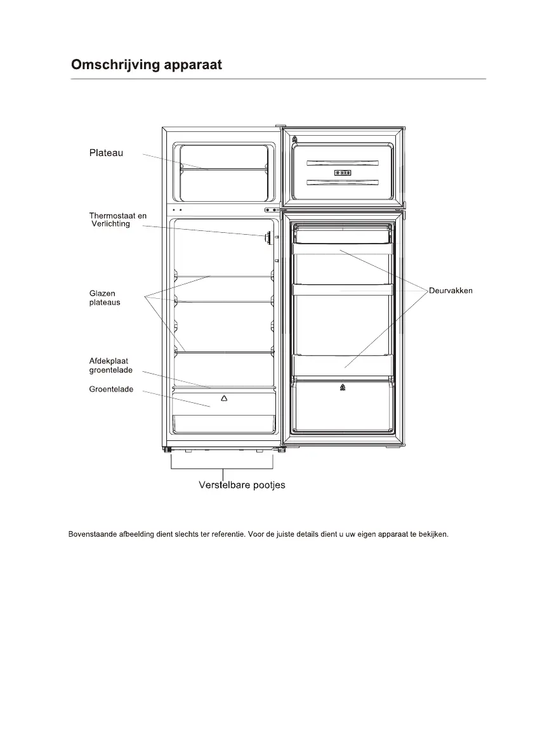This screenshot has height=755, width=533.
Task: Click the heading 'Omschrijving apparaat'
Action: [147, 65]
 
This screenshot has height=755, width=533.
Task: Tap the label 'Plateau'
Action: [106, 152]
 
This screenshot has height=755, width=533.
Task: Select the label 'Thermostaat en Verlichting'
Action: [117, 220]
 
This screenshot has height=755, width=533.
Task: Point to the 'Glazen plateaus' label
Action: [105, 298]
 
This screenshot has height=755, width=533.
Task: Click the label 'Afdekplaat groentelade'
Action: [110, 365]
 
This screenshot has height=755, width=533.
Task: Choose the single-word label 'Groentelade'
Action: [111, 389]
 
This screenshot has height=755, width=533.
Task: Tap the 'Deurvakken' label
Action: [451, 291]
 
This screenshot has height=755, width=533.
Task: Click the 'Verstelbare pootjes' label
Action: [242, 485]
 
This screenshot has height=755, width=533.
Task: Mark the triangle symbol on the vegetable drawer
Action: [223, 398]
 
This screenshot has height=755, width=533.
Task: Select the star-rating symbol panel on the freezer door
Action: [343, 173]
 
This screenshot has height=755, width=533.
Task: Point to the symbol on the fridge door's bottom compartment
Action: [343, 387]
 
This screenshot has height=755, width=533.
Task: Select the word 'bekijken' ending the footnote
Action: [434, 534]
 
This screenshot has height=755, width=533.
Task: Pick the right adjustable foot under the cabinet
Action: [280, 450]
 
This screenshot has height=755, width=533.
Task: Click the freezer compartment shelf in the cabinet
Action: [223, 169]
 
